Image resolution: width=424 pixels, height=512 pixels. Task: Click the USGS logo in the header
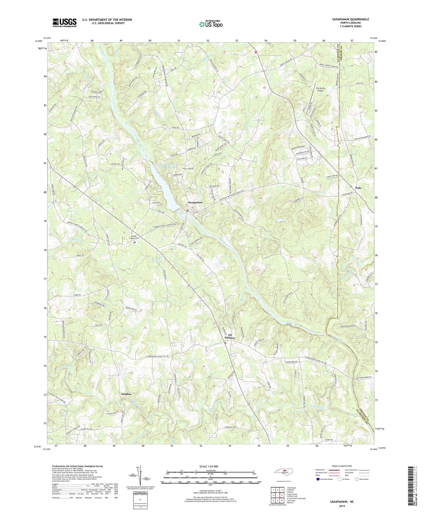tap(64, 23)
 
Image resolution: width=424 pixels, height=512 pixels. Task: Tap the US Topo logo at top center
tap(210, 24)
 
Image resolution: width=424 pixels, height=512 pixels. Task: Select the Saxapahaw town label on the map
tap(195, 203)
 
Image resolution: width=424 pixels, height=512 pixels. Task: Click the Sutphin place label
tap(126, 394)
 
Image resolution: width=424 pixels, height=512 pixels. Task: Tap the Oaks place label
tap(358, 188)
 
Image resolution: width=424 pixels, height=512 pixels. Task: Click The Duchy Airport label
tap(320, 89)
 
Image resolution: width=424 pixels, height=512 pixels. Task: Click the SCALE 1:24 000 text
tap(210, 466)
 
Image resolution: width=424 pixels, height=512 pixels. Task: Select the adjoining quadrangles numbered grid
tap(277, 496)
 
